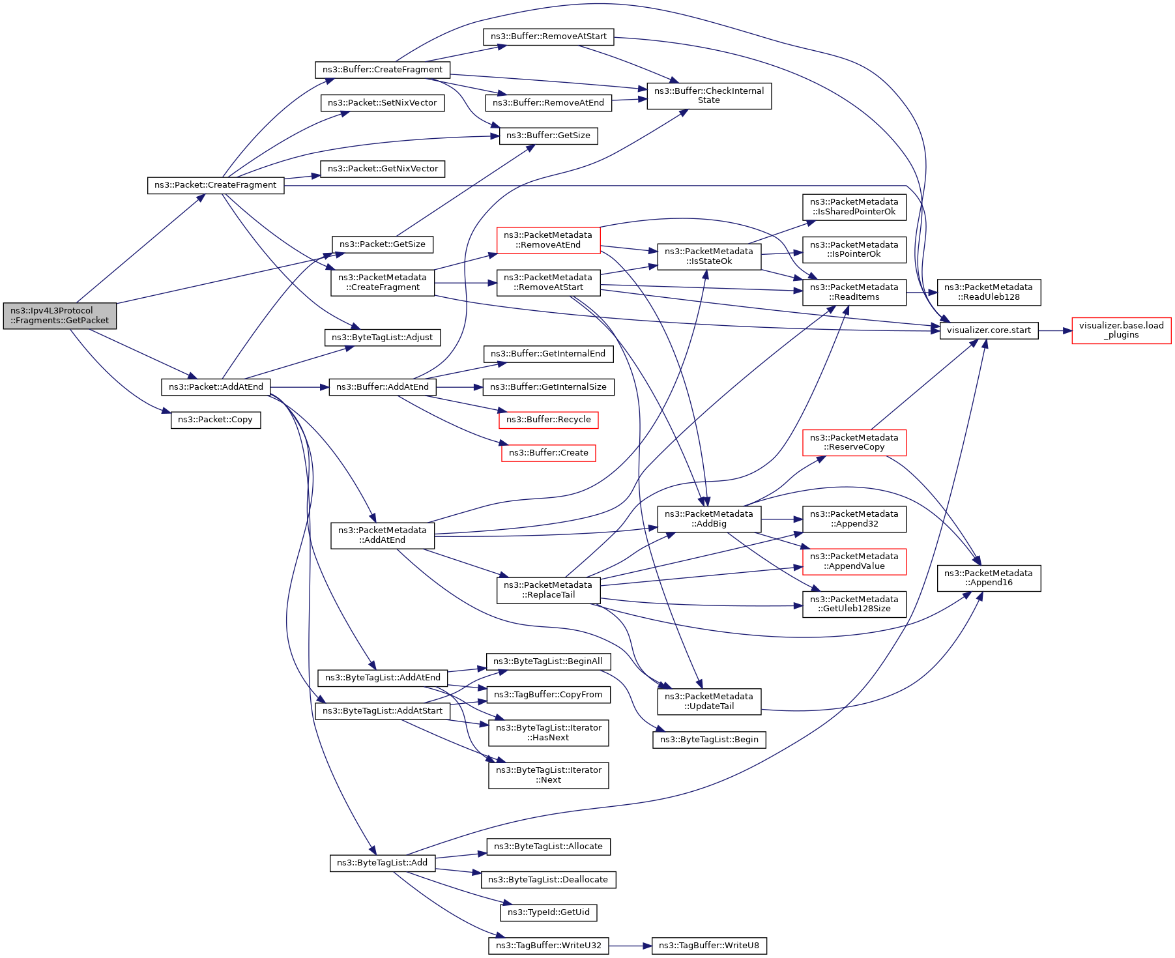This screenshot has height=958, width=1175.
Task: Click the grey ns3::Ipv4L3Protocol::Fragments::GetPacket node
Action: pyautogui.click(x=60, y=316)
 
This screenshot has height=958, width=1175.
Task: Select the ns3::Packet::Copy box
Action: pyautogui.click(x=216, y=420)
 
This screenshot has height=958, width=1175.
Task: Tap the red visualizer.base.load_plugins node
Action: pyautogui.click(x=1121, y=330)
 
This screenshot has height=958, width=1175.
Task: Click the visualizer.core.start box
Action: pyautogui.click(x=989, y=330)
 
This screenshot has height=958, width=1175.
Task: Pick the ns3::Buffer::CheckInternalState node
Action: pyautogui.click(x=709, y=96)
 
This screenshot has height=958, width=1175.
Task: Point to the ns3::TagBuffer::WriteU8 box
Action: pyautogui.click(x=709, y=946)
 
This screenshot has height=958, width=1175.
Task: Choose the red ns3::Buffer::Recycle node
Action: pyautogui.click(x=549, y=420)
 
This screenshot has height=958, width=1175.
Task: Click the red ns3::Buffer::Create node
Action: pyautogui.click(x=549, y=453)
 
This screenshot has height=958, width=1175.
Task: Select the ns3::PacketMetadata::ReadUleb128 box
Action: pyautogui.click(x=989, y=292)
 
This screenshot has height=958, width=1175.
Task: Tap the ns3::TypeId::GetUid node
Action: pyautogui.click(x=549, y=912)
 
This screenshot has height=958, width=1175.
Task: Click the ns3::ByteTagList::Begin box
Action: pyautogui.click(x=709, y=740)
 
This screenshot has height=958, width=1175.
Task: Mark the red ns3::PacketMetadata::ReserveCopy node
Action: pyautogui.click(x=854, y=443)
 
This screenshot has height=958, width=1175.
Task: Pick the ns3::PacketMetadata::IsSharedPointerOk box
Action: pyautogui.click(x=854, y=207)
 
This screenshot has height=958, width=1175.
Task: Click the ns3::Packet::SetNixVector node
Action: pyautogui.click(x=383, y=103)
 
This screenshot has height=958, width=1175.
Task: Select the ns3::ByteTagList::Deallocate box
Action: pyautogui.click(x=549, y=880)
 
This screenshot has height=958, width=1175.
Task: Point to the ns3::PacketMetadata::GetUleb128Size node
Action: pyautogui.click(x=854, y=604)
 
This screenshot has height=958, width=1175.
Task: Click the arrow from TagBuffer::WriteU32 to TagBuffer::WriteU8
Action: pyautogui.click(x=630, y=946)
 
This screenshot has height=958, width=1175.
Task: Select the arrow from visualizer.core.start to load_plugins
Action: pyautogui.click(x=1055, y=330)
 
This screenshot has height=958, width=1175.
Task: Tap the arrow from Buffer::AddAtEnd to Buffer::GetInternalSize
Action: pyautogui.click(x=459, y=387)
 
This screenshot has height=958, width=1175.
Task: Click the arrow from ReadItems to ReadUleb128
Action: pyautogui.click(x=921, y=293)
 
